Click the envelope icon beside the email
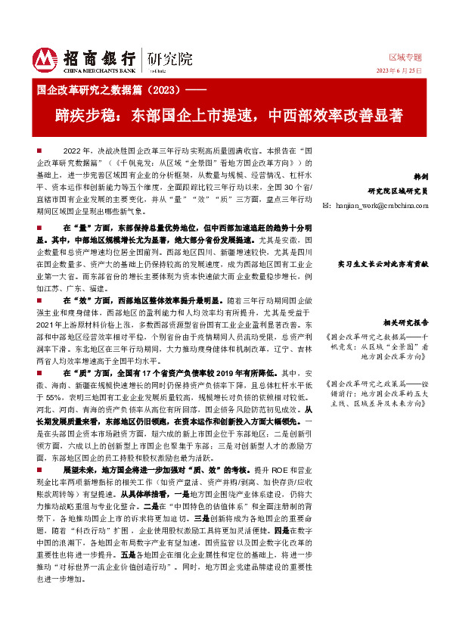[326, 205]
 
